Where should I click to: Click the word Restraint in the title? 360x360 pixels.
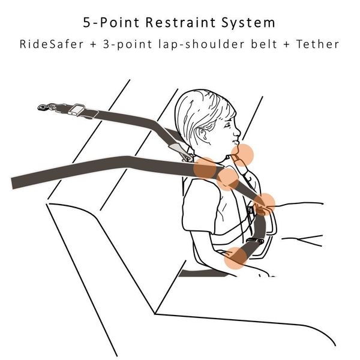[181, 23]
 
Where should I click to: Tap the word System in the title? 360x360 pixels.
[248, 23]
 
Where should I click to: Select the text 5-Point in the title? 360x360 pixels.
[111, 23]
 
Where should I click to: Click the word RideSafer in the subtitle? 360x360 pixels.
[52, 44]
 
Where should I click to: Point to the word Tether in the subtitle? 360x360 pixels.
[317, 44]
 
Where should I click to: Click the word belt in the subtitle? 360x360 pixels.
[264, 44]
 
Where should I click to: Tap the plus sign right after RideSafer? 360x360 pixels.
[93, 44]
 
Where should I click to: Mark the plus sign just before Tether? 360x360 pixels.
[287, 44]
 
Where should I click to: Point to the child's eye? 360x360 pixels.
[227, 125]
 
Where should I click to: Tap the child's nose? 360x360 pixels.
[238, 133]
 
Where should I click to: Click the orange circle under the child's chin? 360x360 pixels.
[242, 155]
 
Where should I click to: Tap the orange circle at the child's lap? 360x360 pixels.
[235, 258]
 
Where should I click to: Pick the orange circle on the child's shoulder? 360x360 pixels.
[205, 168]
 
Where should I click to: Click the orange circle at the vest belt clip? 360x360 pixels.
[264, 205]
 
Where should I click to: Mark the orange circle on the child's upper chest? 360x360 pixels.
[227, 179]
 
